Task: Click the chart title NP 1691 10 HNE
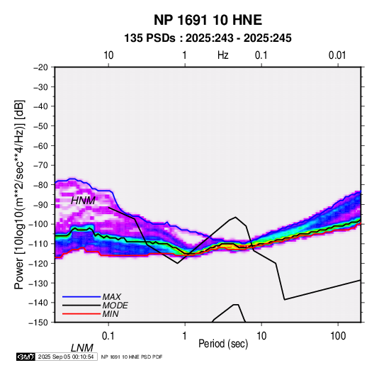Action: pos(208,20)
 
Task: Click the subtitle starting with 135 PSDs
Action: pos(208,38)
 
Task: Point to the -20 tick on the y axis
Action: pos(40,67)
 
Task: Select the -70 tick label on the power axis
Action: pos(40,165)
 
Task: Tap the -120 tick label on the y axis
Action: pos(38,263)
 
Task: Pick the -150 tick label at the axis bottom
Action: pos(38,323)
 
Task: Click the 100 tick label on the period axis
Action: pos(338,336)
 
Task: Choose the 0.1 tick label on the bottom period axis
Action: pos(108,336)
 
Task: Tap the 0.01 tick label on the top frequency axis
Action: pos(337,55)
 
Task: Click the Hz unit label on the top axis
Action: pos(223,55)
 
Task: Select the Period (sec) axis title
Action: pos(223,344)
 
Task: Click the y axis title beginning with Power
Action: pos(19,194)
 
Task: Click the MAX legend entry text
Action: pos(112,297)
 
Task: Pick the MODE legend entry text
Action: pos(115,306)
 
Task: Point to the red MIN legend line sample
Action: pos(81,314)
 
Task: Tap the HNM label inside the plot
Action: pos(83,201)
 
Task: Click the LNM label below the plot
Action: pos(81,348)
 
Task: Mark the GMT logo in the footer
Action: pos(26,357)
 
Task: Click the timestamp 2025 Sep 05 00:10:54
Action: pos(66,357)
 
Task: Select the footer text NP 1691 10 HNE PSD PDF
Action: pos(132,357)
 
